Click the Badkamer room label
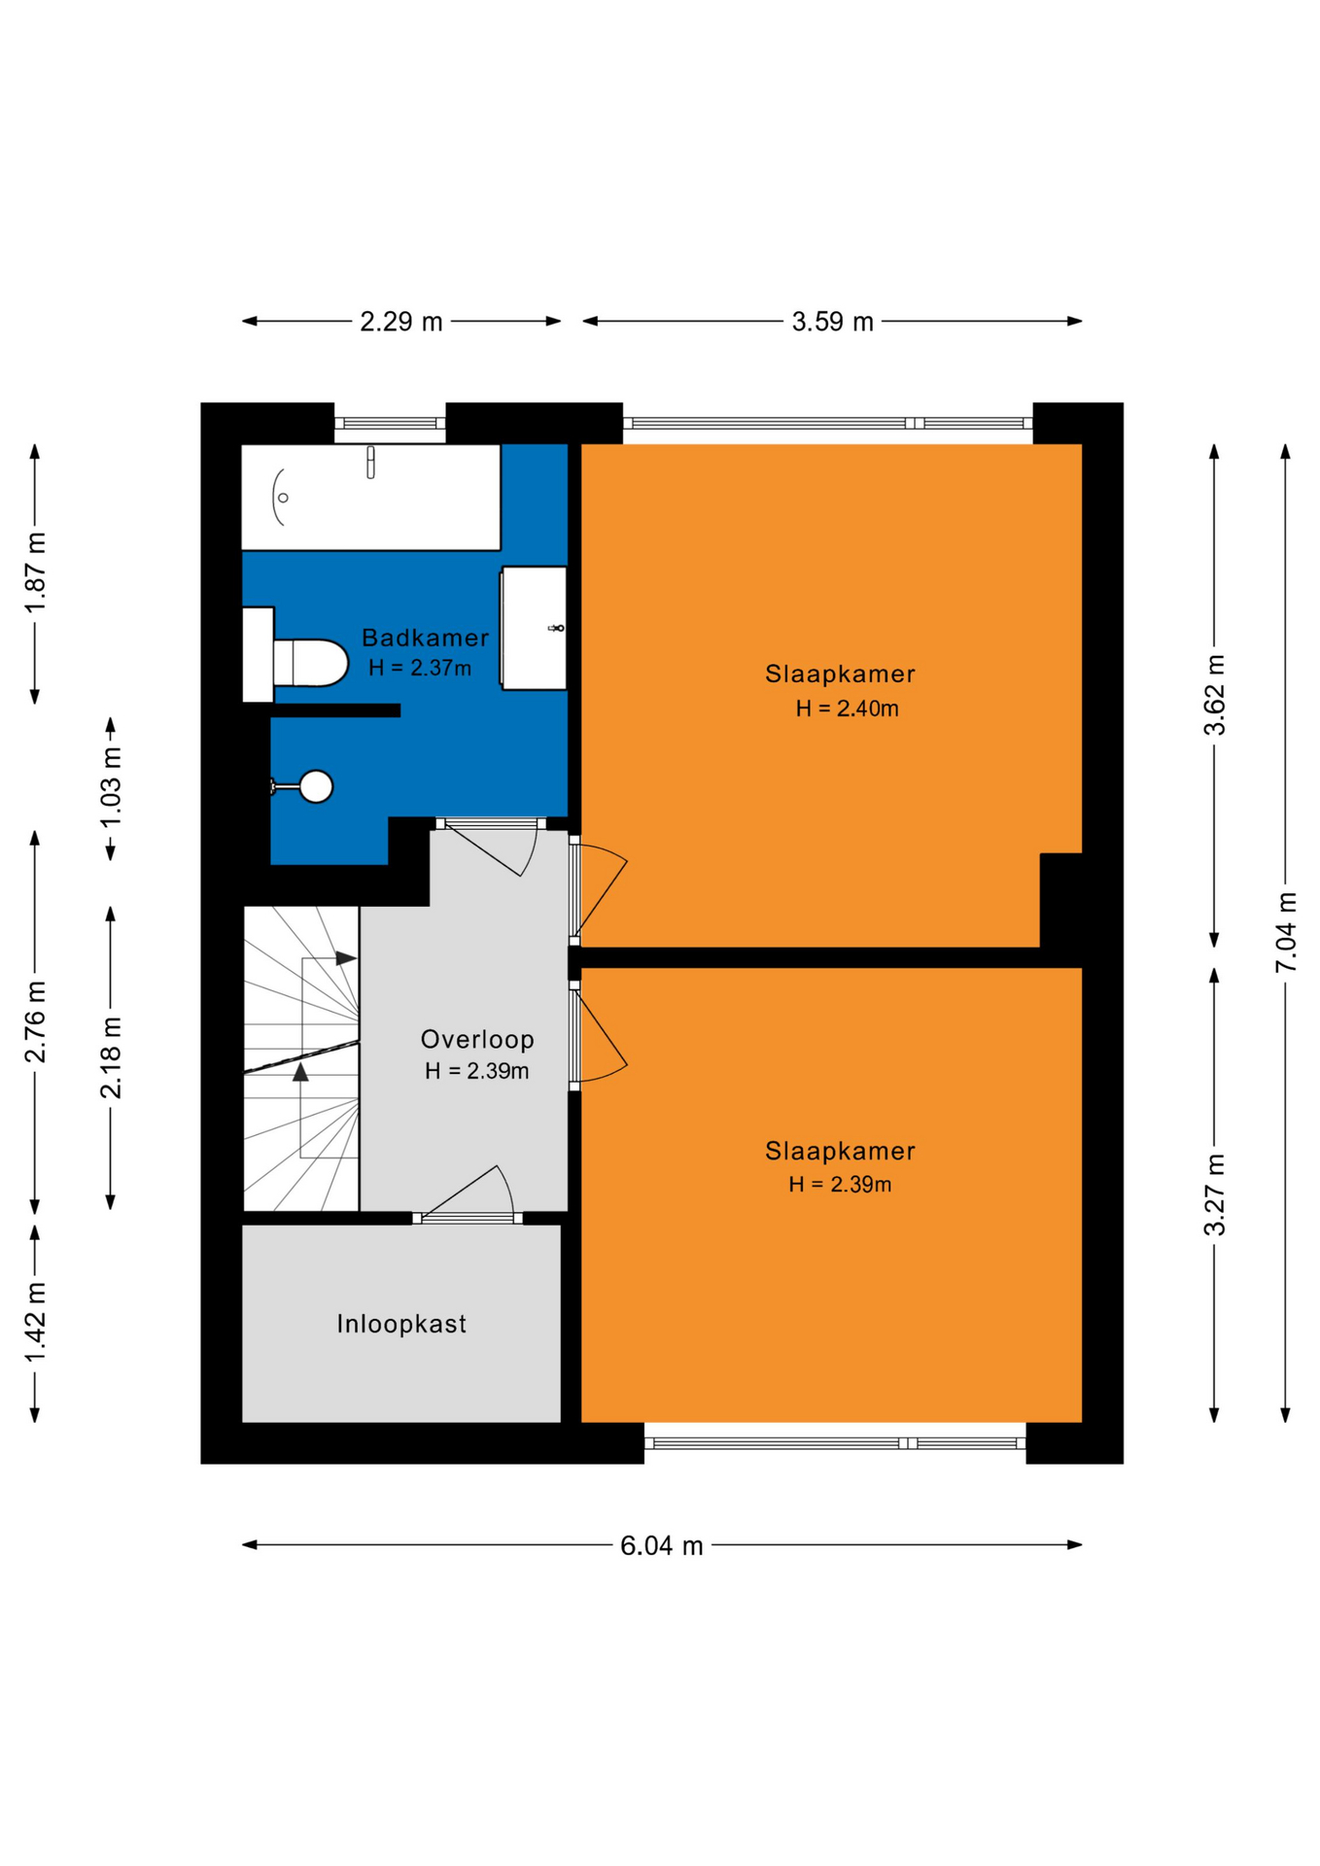[425, 638]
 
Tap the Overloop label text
[477, 1039]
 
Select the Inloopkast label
[401, 1324]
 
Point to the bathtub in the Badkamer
[370, 498]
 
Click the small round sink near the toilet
[314, 786]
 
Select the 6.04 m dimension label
[661, 1545]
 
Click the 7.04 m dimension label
[1286, 931]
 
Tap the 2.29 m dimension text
[400, 322]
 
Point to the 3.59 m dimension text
[832, 322]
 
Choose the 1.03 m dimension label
[112, 787]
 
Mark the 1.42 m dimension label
[36, 1323]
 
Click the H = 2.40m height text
[847, 708]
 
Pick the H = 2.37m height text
[420, 668]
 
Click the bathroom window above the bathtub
[390, 423]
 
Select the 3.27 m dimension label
[1215, 1194]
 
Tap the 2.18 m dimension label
[112, 1057]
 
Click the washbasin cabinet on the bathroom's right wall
[534, 628]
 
